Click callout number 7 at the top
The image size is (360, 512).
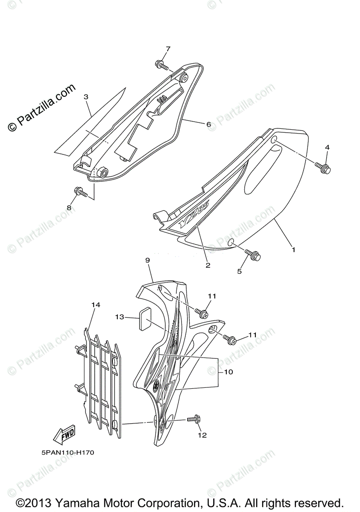(x=168, y=49)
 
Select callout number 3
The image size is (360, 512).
(x=86, y=97)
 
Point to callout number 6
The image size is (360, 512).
(x=208, y=125)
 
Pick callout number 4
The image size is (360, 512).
(x=327, y=147)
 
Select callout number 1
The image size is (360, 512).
(x=293, y=248)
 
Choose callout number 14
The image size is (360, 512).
(x=96, y=305)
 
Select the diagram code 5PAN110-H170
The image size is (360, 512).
(x=63, y=453)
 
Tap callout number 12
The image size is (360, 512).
(x=202, y=435)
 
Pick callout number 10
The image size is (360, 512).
(x=228, y=372)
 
